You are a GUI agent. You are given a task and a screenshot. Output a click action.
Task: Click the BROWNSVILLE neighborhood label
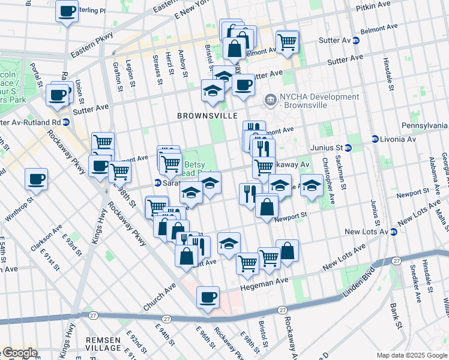pyautogui.click(x=207, y=115)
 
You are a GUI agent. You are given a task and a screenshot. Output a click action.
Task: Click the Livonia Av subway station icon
pyautogui.click(x=375, y=139)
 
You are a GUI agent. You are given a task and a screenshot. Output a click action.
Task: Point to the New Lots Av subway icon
pyautogui.click(x=394, y=232)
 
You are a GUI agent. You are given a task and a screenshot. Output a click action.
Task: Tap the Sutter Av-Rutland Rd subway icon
pyautogui.click(x=66, y=122)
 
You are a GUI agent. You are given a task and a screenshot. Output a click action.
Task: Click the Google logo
pyautogui.click(x=19, y=353)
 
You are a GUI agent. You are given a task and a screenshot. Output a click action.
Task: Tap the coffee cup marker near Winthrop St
pyautogui.click(x=37, y=180)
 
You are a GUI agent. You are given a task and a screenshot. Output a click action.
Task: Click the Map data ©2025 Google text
pyautogui.click(x=411, y=355)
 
